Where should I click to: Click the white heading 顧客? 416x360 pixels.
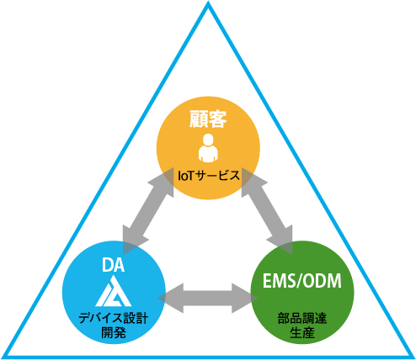(x=208, y=119)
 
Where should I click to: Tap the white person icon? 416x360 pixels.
(x=208, y=148)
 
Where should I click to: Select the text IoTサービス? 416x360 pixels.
(x=209, y=176)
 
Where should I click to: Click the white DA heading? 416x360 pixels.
(x=114, y=265)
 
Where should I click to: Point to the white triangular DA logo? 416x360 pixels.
(x=114, y=291)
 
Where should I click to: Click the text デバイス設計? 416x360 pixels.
(x=114, y=319)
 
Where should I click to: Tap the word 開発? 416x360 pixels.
(x=114, y=333)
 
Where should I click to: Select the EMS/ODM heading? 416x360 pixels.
(x=302, y=281)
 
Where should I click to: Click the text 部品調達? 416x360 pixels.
(x=302, y=319)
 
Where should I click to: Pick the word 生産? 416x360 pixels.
(x=302, y=333)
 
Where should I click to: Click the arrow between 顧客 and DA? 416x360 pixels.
(x=148, y=211)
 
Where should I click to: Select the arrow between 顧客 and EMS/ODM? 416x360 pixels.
(x=267, y=211)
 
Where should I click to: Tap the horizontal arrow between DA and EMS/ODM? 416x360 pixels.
(x=208, y=298)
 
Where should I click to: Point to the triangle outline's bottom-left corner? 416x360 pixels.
(x=3, y=357)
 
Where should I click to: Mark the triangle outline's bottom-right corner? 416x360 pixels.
(x=413, y=357)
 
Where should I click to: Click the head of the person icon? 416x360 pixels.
(x=208, y=140)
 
